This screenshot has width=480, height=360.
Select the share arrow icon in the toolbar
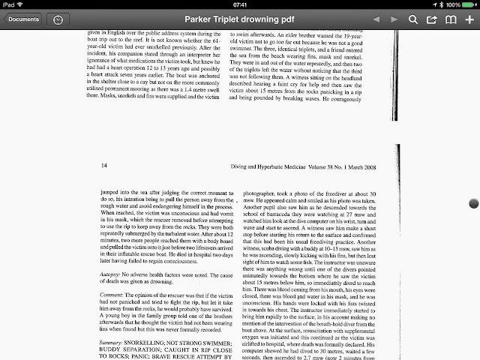432,18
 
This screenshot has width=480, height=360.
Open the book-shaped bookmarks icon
451,18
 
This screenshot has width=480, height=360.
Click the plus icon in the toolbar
469,18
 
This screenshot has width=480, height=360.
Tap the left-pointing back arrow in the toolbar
376,18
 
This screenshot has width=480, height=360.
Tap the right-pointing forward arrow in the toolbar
394,18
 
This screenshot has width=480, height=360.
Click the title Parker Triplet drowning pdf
239,18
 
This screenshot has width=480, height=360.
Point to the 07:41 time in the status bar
239,4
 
